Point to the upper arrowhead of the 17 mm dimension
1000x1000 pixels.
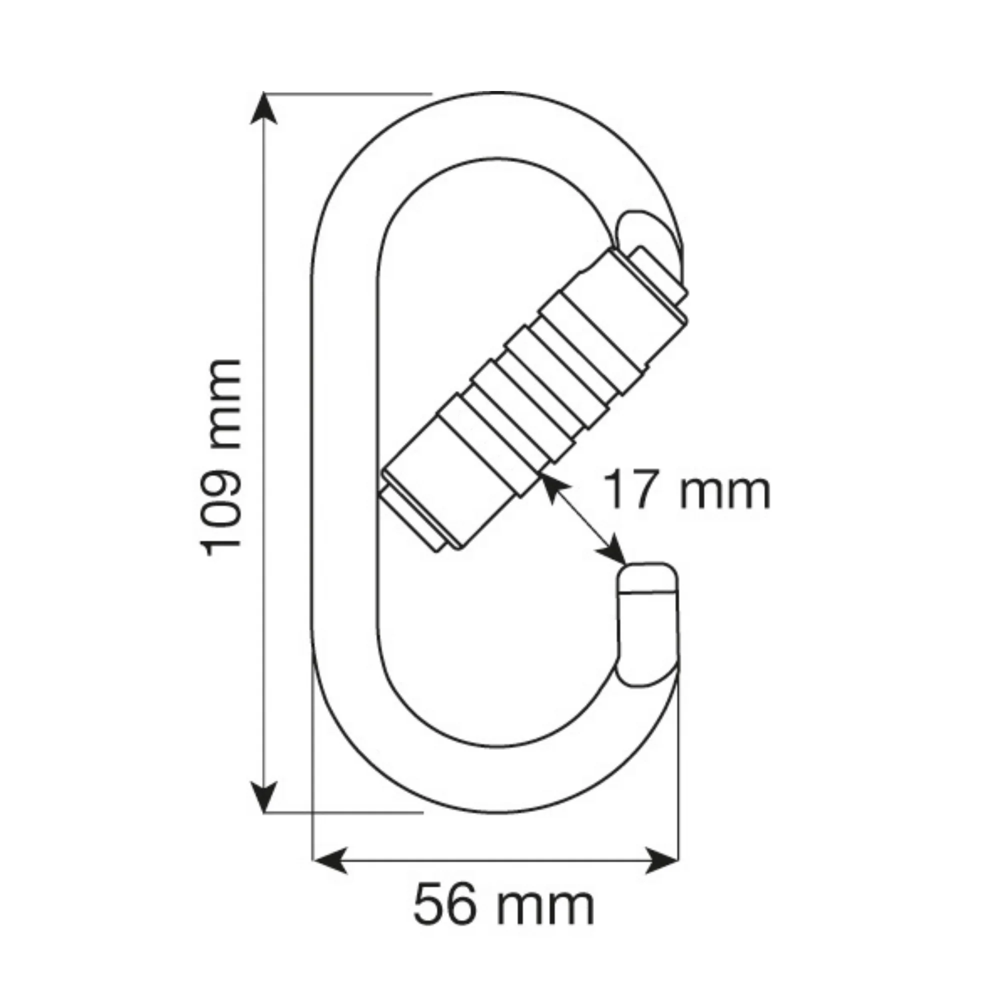(x=550, y=486)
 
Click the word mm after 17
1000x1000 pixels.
(x=724, y=491)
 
